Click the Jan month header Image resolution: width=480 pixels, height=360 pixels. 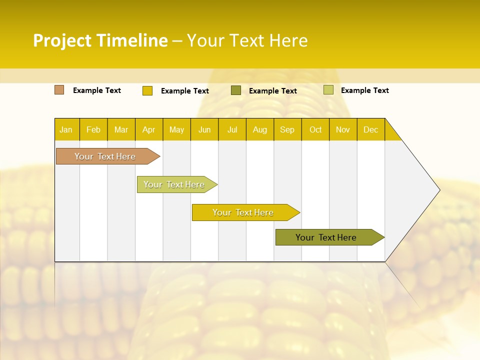coord(66,129)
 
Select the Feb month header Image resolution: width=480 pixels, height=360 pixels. coord(93,129)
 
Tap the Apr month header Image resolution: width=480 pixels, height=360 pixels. coord(148,129)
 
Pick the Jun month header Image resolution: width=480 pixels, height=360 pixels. coord(204,129)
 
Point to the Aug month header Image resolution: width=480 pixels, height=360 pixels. coord(259,129)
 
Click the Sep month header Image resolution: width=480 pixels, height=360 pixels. coord(287,129)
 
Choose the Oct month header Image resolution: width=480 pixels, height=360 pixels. coord(315,129)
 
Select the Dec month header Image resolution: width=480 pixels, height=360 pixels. coord(370,129)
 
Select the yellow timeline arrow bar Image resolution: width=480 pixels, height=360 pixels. coord(243,212)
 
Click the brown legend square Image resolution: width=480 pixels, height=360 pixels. coord(59,90)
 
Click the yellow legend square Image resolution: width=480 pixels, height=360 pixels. coord(147,90)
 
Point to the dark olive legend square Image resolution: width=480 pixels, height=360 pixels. coord(236,90)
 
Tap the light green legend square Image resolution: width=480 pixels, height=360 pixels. coord(328,90)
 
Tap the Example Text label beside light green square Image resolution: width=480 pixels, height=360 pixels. coord(364,90)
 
